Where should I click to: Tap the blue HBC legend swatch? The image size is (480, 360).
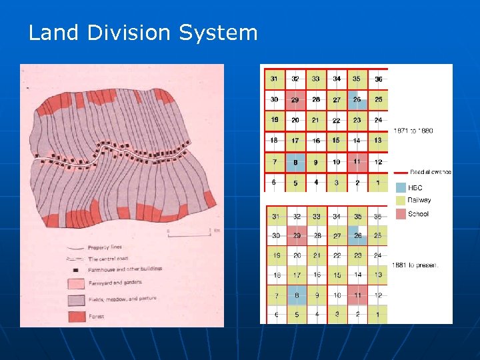point(401,188)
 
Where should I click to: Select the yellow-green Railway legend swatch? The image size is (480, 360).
point(401,201)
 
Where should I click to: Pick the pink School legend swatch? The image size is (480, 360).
point(401,214)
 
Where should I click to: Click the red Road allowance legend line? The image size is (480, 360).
point(401,173)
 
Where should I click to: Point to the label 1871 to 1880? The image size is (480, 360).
point(413,131)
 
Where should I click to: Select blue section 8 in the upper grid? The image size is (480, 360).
point(295,161)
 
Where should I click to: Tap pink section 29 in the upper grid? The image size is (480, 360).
point(295,99)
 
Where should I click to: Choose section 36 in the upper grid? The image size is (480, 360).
point(378,79)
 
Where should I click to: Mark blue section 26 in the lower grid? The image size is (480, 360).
point(357,236)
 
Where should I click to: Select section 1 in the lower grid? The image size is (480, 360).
point(378,314)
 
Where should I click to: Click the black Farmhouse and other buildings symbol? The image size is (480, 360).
point(75,270)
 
